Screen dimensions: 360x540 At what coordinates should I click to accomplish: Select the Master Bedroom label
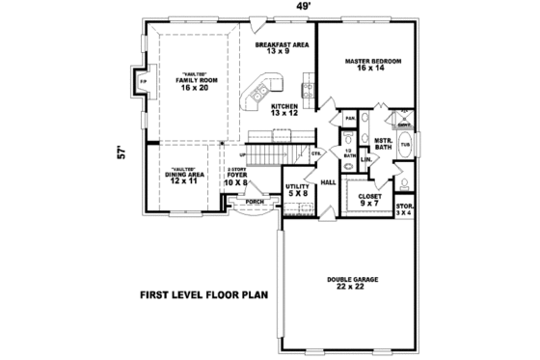[372, 66]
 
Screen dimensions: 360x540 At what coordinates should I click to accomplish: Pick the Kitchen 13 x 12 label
[284, 111]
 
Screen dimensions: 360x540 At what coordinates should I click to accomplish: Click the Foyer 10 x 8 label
[235, 178]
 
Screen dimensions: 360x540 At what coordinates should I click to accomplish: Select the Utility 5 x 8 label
[297, 189]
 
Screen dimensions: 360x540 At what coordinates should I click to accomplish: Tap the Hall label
[327, 181]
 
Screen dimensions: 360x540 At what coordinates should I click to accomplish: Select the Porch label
[254, 202]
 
